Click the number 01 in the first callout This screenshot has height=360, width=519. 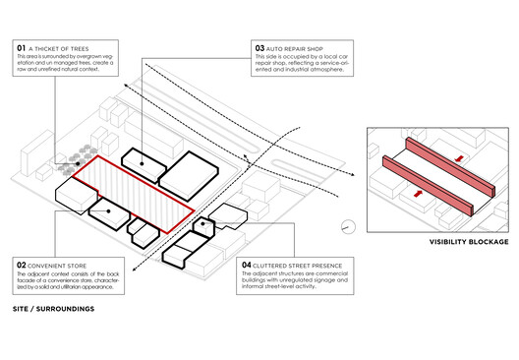pos(22,47)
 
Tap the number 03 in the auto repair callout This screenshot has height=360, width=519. pos(259,47)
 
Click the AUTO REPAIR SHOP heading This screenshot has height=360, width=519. pos(302,47)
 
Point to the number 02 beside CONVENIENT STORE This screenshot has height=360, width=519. pos(22,264)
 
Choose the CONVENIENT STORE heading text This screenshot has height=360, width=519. pos(65,264)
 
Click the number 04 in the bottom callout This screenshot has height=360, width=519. pos(247,264)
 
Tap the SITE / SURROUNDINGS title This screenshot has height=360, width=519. pos(54,308)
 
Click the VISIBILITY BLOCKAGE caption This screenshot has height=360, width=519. pos(469,242)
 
